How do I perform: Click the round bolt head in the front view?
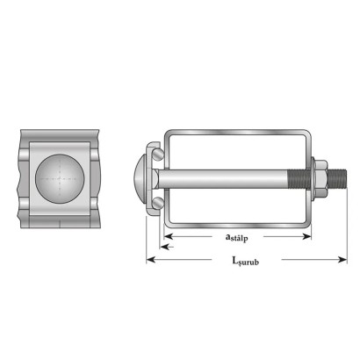(60, 179)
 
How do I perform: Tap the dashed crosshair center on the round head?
(60, 178)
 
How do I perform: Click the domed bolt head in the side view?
(140, 178)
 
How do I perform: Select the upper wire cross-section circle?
(158, 155)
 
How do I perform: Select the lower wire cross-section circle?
(158, 203)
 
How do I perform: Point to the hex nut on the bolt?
(321, 178)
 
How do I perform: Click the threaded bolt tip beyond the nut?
(337, 178)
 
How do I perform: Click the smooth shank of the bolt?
(222, 178)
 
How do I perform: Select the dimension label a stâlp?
(237, 237)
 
